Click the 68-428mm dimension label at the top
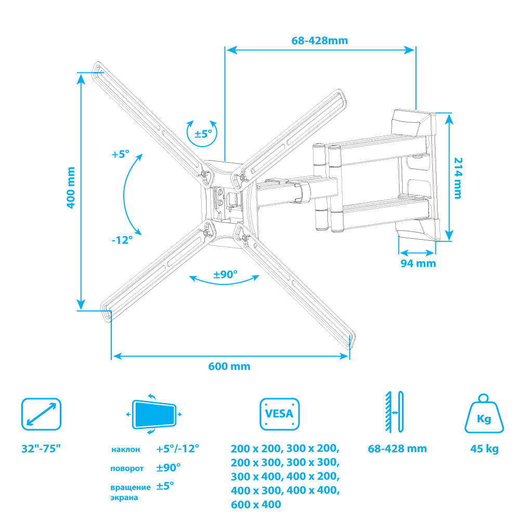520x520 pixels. click(x=319, y=41)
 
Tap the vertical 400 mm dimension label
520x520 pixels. click(x=71, y=188)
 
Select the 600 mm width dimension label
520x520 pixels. click(x=229, y=367)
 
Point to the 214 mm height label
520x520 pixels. click(x=458, y=178)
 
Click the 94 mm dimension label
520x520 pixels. click(x=418, y=263)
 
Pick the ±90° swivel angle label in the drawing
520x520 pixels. click(x=225, y=274)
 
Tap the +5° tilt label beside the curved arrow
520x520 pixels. click(x=120, y=154)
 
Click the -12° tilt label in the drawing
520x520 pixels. click(x=122, y=240)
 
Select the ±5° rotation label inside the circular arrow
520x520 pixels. click(x=203, y=134)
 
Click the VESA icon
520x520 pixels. click(x=279, y=414)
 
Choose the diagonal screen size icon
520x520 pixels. click(x=41, y=414)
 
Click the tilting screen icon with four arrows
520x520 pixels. click(x=154, y=414)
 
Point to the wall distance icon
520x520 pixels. click(x=394, y=412)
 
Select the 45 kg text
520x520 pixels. click(x=484, y=449)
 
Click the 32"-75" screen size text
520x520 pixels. click(x=41, y=448)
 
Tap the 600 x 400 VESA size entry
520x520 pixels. click(x=256, y=504)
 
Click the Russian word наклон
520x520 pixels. click(x=125, y=449)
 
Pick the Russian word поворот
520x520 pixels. click(x=127, y=469)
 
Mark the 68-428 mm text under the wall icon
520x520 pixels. click(x=397, y=449)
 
